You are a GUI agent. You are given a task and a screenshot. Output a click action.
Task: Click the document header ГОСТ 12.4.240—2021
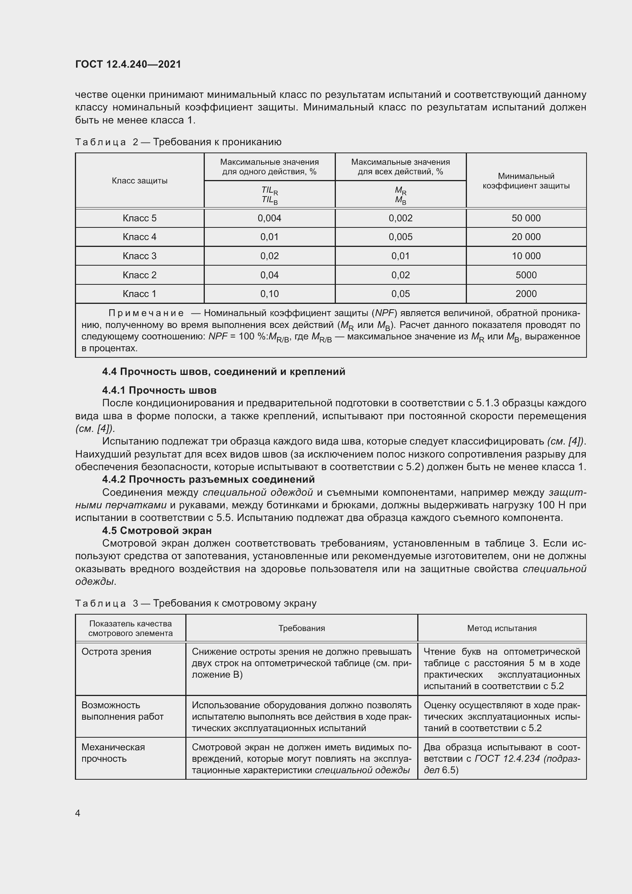click(x=128, y=64)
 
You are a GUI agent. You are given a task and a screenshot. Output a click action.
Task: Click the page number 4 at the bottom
click(x=78, y=813)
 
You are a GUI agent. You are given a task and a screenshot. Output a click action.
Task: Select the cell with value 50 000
click(x=526, y=218)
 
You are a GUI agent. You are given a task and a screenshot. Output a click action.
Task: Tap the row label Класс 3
click(x=139, y=256)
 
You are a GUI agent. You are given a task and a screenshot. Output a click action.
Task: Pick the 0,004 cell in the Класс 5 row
click(x=269, y=218)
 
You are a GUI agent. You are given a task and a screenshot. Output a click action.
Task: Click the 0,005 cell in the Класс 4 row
click(x=400, y=237)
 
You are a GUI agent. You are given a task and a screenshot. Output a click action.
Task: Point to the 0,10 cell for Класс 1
click(x=269, y=294)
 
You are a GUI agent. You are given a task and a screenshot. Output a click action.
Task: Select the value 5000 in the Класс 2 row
click(x=526, y=275)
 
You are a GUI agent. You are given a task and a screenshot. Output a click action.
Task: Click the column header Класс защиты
click(x=139, y=181)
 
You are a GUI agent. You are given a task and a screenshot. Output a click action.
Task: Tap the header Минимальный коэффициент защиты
click(x=526, y=181)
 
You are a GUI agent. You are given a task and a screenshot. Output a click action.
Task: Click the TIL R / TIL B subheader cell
click(x=269, y=195)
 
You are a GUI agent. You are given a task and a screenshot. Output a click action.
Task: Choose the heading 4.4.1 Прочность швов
click(x=159, y=390)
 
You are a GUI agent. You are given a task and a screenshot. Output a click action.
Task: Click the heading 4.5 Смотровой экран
click(x=157, y=531)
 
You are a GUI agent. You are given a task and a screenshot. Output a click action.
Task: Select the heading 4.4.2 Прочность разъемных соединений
click(x=208, y=479)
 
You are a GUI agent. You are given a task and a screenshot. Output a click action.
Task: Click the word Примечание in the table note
click(x=146, y=313)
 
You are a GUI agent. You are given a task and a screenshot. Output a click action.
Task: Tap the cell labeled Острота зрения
click(x=116, y=651)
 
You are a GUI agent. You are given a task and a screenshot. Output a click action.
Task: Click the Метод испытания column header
click(x=502, y=628)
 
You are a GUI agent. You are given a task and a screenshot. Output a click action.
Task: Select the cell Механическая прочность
click(x=113, y=753)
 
